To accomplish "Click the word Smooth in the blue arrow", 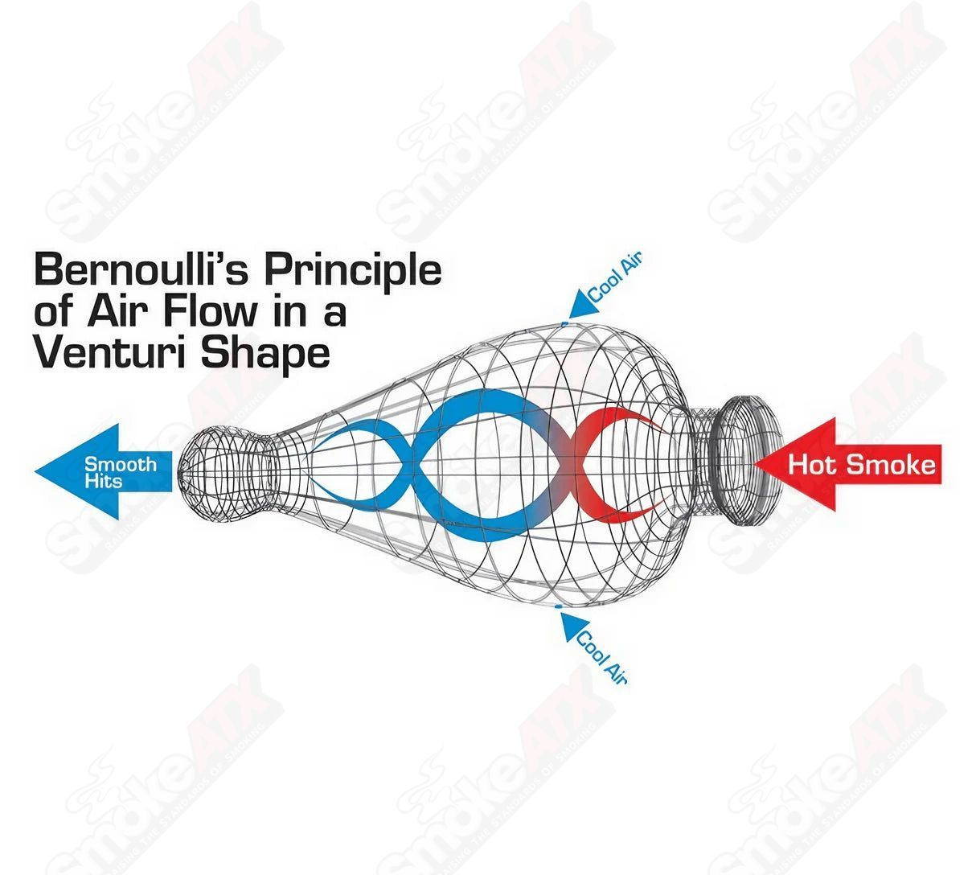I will click(121, 464).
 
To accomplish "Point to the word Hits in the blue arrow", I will click(104, 481).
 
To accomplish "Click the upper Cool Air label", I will click(616, 277).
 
